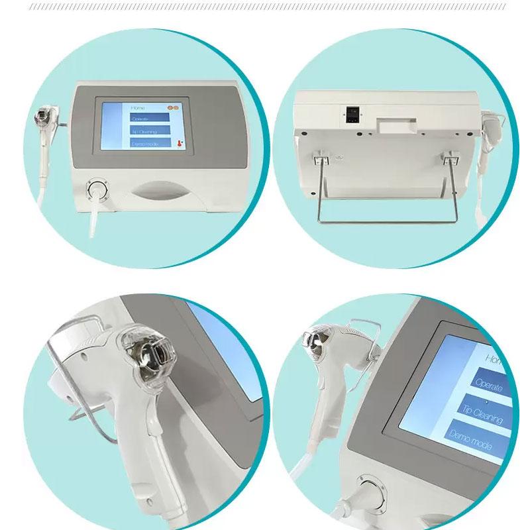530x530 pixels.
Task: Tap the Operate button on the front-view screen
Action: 150,119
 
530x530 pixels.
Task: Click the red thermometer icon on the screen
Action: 179,142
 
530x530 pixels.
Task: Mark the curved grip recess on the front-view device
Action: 160,192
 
